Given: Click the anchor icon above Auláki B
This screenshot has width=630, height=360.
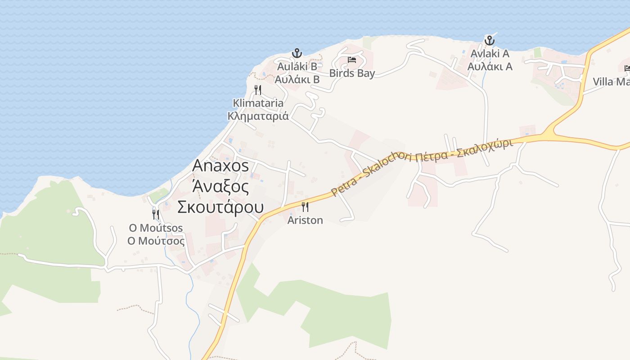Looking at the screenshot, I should click(297, 53).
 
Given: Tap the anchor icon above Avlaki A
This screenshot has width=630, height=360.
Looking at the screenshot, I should click(489, 40).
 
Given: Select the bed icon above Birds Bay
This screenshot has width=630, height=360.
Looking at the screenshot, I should click(352, 59).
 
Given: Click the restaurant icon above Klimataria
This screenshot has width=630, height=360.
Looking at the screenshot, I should click(258, 90).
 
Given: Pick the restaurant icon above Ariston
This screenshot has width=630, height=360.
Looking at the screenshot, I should click(305, 207).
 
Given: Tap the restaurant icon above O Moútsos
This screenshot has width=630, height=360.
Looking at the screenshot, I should click(156, 214).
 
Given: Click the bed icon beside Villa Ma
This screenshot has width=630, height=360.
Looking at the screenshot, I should click(627, 68).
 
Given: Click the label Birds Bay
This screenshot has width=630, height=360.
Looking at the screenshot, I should click(352, 73).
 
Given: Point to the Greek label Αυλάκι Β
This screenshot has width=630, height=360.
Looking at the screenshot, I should click(297, 80).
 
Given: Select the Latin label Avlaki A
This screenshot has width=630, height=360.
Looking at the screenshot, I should click(490, 54).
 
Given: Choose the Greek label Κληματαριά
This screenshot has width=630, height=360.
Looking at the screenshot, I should click(258, 116).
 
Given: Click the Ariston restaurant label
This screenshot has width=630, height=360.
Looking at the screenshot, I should click(305, 220).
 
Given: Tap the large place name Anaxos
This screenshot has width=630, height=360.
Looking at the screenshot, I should click(220, 166).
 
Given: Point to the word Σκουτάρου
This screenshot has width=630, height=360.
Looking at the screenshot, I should click(220, 207).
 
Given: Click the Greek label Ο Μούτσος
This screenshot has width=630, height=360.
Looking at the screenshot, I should click(156, 241).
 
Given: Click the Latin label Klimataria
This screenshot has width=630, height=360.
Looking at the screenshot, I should click(258, 103).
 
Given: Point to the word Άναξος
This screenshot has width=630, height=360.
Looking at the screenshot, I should click(220, 186).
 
